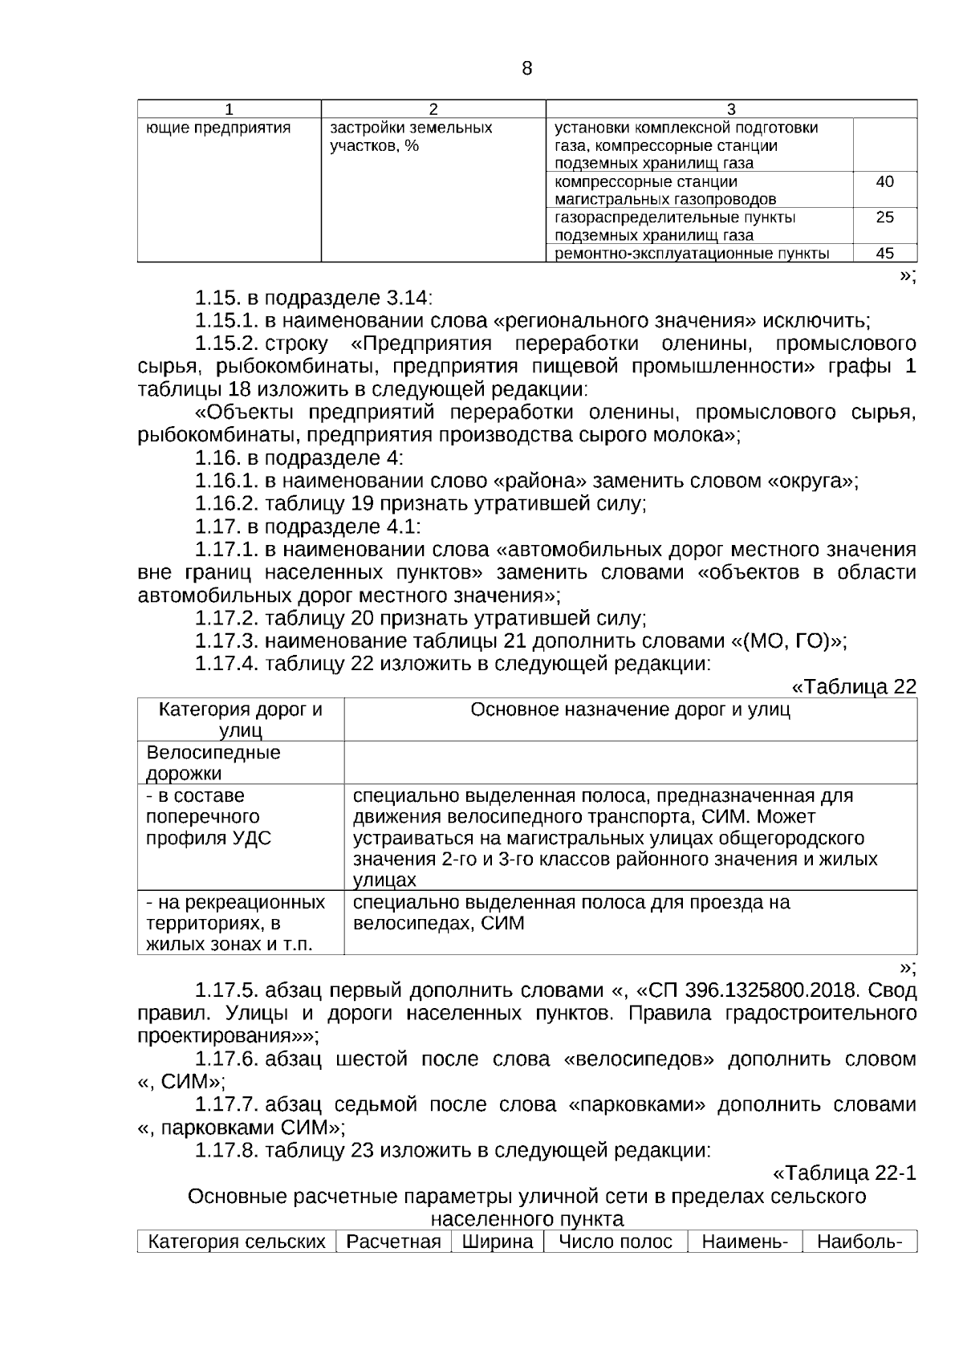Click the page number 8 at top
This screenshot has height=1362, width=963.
(x=526, y=68)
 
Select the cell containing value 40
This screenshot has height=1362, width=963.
(x=884, y=182)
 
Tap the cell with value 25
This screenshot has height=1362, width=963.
(x=884, y=218)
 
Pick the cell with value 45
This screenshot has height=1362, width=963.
(x=884, y=254)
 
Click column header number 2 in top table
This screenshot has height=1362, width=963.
(x=433, y=109)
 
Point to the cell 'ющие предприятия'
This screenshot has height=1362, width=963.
(x=218, y=128)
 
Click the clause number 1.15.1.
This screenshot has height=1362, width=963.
(x=226, y=321)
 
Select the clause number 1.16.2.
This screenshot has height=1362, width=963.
(x=226, y=504)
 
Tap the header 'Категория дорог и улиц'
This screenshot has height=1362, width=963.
(x=241, y=720)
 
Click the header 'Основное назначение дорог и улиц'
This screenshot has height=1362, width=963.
(x=630, y=709)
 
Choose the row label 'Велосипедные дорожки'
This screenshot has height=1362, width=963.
(x=213, y=762)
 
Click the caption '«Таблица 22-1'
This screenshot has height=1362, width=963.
(x=844, y=1173)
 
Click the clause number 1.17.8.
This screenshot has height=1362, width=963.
(x=226, y=1150)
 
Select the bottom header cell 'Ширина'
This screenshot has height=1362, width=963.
(x=498, y=1242)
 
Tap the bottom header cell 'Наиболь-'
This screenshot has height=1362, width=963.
(x=859, y=1242)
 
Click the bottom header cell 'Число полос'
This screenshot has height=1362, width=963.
(x=616, y=1242)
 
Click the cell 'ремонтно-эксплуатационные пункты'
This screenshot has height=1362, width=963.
(x=692, y=254)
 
